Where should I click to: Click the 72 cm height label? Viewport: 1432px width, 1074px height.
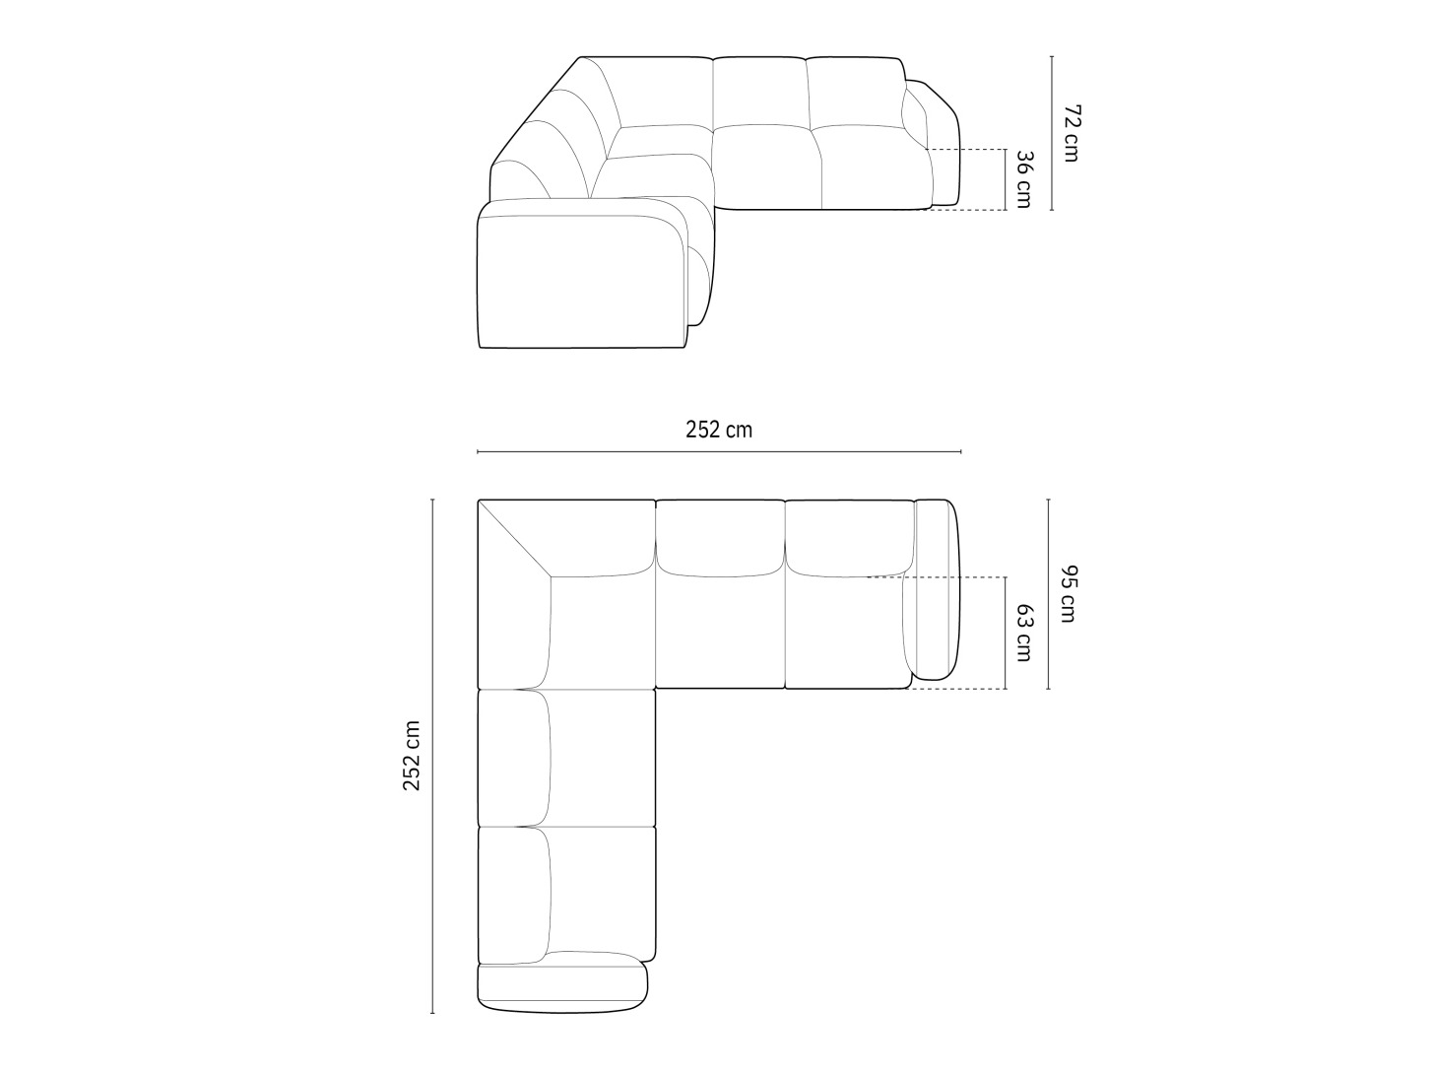[1071, 133]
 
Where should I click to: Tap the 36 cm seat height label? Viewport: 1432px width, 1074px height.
[1023, 179]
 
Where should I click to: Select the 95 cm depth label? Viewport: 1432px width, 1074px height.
[1068, 594]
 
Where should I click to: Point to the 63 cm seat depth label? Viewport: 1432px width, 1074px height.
[1023, 633]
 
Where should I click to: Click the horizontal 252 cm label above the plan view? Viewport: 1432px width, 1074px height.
[719, 430]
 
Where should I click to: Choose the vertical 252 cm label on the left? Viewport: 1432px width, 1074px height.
[412, 757]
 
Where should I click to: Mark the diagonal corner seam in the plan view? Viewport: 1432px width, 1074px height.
[515, 539]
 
